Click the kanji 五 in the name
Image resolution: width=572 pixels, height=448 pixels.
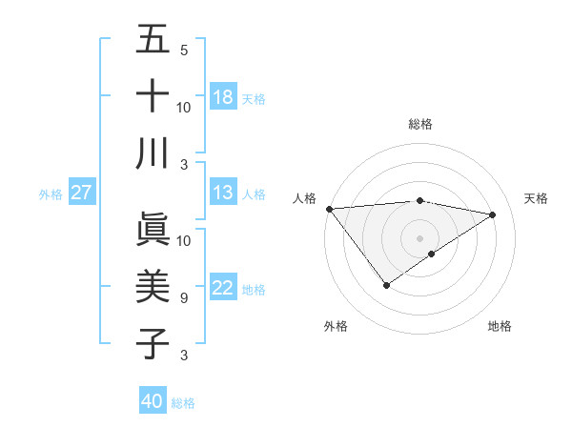(x=153, y=40)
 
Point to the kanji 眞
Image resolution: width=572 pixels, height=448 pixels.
(x=153, y=230)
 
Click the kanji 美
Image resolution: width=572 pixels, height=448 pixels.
(x=153, y=286)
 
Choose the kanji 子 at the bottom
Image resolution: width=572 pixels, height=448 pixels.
(x=153, y=342)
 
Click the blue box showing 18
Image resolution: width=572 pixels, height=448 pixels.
(x=223, y=96)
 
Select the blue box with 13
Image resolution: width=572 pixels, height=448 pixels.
(x=223, y=193)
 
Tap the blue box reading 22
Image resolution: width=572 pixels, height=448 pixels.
(x=223, y=288)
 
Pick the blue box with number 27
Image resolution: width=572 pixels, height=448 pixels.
(x=81, y=193)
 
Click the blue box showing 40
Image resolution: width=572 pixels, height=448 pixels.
(x=153, y=401)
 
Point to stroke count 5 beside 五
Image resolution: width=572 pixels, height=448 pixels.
(x=183, y=50)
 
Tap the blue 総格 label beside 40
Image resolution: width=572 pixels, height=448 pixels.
(x=183, y=403)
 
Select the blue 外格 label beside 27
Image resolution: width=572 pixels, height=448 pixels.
(x=51, y=194)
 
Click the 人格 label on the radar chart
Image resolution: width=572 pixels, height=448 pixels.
(x=305, y=198)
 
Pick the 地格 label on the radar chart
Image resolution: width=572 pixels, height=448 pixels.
(x=500, y=326)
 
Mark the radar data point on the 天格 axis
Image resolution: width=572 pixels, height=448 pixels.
(x=492, y=214)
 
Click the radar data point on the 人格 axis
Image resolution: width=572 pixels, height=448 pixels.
(x=329, y=208)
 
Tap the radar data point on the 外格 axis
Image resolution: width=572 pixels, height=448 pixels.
(x=386, y=284)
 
